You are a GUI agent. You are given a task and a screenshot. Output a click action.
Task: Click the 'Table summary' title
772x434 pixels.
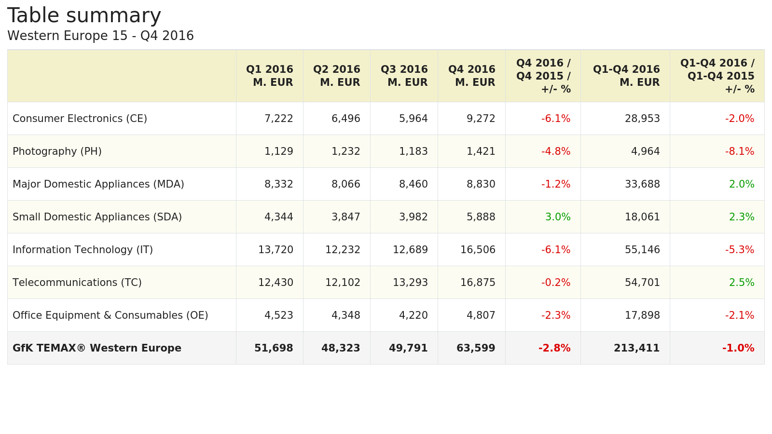pyautogui.click(x=84, y=15)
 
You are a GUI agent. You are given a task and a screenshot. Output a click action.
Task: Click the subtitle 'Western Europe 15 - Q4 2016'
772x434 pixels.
pyautogui.click(x=100, y=36)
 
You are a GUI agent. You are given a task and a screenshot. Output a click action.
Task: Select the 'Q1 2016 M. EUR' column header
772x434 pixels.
pyautogui.click(x=270, y=76)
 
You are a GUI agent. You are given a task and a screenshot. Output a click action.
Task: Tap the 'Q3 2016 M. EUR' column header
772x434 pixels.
pyautogui.click(x=404, y=76)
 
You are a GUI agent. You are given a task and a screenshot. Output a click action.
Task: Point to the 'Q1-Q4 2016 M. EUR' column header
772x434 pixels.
pyautogui.click(x=626, y=76)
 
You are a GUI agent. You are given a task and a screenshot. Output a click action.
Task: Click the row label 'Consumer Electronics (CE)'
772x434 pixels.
pyautogui.click(x=80, y=119)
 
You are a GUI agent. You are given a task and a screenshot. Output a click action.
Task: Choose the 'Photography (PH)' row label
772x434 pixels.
pyautogui.click(x=57, y=151)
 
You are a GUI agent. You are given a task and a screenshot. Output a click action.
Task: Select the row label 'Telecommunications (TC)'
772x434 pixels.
pyautogui.click(x=77, y=283)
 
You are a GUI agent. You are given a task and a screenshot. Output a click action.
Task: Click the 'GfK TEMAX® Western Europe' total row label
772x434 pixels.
pyautogui.click(x=97, y=348)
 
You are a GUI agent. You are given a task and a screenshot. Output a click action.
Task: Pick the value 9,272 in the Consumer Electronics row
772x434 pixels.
pyautogui.click(x=481, y=119)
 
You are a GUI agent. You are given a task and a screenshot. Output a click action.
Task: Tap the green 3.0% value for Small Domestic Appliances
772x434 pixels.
pyautogui.click(x=558, y=217)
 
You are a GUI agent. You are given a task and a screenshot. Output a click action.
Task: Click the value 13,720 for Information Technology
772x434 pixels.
pyautogui.click(x=276, y=250)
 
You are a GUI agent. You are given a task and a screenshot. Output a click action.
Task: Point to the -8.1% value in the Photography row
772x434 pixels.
pyautogui.click(x=739, y=151)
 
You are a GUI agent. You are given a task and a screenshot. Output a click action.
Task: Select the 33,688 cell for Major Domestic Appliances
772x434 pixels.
pyautogui.click(x=642, y=184)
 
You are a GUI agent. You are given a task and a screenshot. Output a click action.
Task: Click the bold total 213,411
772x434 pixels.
pyautogui.click(x=636, y=348)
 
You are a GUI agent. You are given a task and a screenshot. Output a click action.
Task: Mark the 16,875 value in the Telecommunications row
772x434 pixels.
pyautogui.click(x=478, y=283)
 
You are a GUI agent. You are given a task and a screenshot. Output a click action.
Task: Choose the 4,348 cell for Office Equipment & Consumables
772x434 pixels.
pyautogui.click(x=345, y=315)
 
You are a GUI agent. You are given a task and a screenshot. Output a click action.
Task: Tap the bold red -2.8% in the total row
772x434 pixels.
pyautogui.click(x=554, y=348)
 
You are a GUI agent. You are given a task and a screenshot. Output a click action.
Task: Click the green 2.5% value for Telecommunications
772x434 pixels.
pyautogui.click(x=742, y=283)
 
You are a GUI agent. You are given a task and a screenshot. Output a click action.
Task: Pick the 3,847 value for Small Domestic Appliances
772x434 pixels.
pyautogui.click(x=345, y=217)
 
